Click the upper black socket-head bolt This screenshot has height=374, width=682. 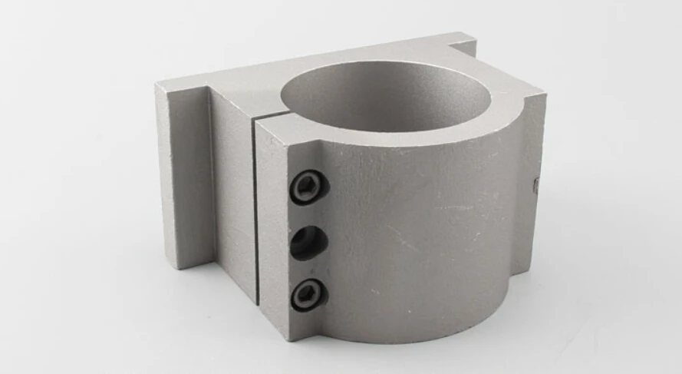pos(308,188)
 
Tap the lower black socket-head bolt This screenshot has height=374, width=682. pos(308,293)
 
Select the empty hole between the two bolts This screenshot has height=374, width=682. pos(309,243)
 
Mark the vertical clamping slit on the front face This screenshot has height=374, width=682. pos(255,207)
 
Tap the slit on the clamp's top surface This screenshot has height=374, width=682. pos(269,117)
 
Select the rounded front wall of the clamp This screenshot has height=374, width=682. pos(430,230)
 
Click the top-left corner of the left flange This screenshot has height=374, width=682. pos(160,87)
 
